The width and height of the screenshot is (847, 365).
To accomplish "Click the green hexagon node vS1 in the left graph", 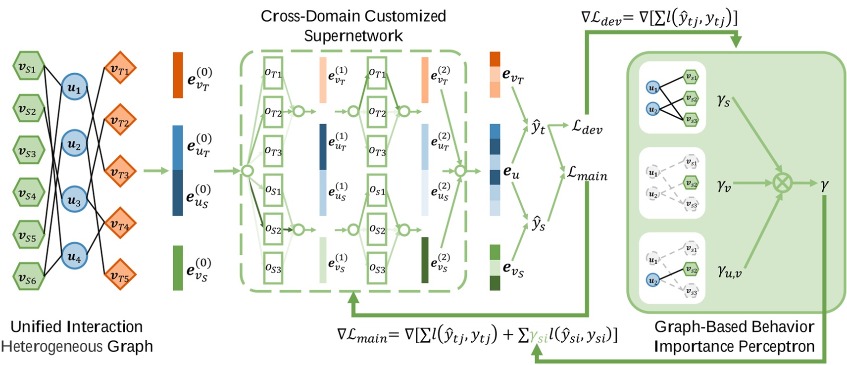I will [27, 68].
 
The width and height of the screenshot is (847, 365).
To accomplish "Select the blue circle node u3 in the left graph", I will [74, 200].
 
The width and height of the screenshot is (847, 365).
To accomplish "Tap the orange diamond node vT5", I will [119, 275].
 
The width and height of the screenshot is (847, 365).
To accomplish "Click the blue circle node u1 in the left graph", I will [74, 88].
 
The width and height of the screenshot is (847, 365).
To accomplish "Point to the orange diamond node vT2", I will [119, 121].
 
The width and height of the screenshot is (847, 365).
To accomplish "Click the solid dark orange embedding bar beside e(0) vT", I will [178, 75].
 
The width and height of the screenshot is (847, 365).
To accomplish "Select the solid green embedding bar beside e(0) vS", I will [178, 268].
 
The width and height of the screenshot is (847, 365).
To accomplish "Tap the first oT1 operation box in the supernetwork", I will [273, 73].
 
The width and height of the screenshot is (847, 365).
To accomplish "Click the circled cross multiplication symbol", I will [782, 183].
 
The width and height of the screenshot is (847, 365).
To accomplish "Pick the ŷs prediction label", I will [538, 224].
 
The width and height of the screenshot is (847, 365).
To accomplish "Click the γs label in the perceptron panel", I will [723, 100].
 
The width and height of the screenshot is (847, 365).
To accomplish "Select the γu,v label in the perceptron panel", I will [729, 271].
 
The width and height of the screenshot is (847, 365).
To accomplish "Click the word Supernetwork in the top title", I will [353, 36].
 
